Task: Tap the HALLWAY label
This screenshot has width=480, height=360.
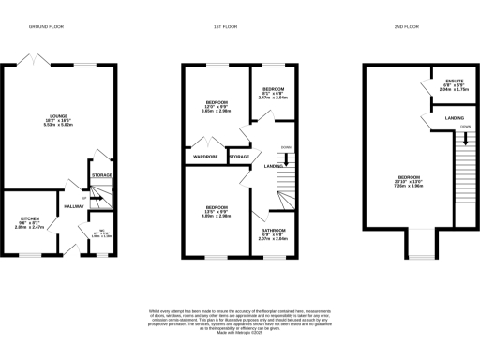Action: tap(73, 205)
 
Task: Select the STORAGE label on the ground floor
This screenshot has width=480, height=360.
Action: tap(101, 175)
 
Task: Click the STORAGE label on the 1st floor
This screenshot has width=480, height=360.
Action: tap(238, 157)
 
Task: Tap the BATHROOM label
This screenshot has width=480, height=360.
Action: tap(274, 233)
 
